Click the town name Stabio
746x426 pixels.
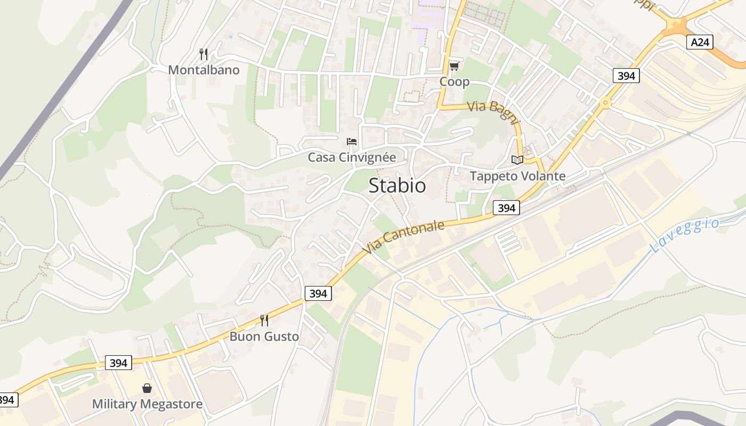397,185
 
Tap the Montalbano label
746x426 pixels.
204,70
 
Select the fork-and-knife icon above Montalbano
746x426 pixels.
203,54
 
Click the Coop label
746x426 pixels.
454,81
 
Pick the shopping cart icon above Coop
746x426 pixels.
454,66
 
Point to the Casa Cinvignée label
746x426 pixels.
352,158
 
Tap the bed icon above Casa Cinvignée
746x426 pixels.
352,142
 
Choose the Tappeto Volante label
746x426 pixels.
517,176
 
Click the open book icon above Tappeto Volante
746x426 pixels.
517,160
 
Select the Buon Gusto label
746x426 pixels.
264,337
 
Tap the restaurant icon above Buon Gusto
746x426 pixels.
264,320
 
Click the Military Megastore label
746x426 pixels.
147,404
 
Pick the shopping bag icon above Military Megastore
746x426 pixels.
147,388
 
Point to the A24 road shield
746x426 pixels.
699,42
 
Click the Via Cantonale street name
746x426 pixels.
403,237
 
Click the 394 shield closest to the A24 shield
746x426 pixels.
626,76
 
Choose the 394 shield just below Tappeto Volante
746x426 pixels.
506,208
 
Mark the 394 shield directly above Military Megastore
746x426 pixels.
118,363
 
